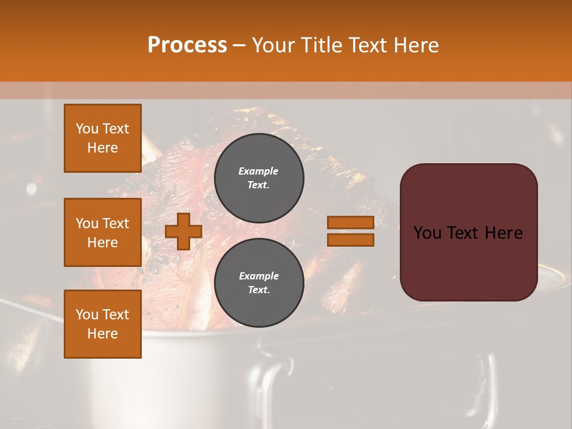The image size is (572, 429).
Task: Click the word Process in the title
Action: tap(187, 45)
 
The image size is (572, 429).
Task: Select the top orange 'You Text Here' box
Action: tap(102, 138)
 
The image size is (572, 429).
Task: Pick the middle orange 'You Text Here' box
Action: tap(102, 232)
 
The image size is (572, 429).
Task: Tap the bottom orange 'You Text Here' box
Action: tap(102, 324)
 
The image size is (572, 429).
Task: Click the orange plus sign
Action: tap(183, 232)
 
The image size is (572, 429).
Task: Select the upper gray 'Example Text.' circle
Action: tap(259, 178)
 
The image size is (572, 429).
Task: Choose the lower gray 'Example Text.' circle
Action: tap(259, 283)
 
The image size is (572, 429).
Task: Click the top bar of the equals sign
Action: tap(350, 222)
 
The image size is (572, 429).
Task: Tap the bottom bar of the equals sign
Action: tap(350, 240)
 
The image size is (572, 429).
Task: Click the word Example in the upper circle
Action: tap(259, 171)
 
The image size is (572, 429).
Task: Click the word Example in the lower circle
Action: tap(259, 276)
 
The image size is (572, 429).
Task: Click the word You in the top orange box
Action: tap(87, 129)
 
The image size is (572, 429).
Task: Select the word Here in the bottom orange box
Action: tap(102, 334)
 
